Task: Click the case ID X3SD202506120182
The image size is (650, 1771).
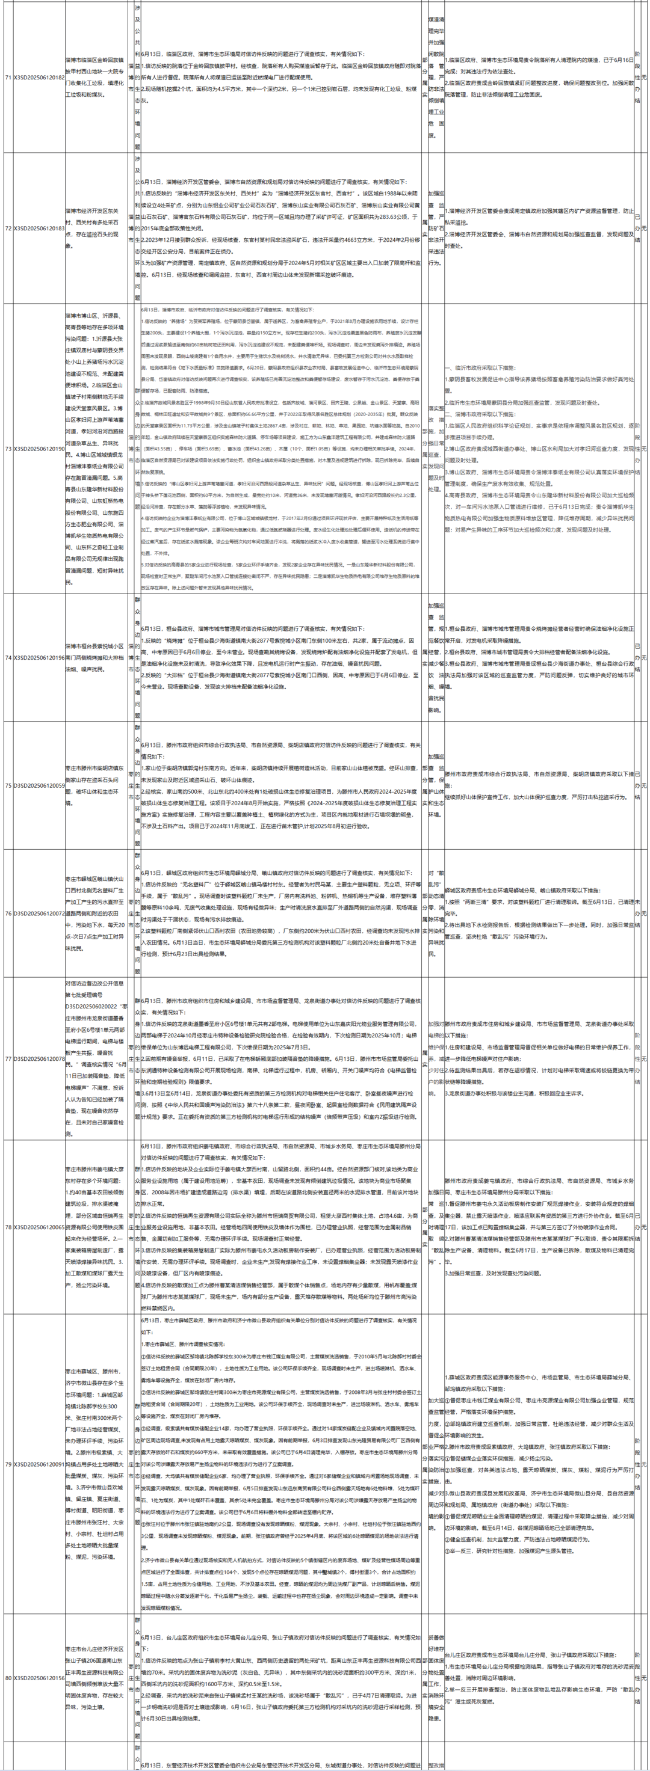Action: [x=39, y=78]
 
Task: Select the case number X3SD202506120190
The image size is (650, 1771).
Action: [x=39, y=448]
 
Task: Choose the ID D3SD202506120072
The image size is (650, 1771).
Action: [x=39, y=913]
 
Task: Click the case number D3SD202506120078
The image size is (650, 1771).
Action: [x=39, y=1060]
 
